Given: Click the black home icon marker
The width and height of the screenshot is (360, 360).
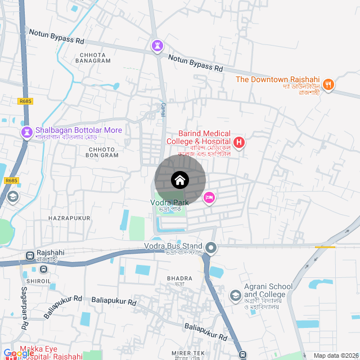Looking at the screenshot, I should tap(180, 181).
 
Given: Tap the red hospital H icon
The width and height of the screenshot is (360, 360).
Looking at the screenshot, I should tap(239, 142).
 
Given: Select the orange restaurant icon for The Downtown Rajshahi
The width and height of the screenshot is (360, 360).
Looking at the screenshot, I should tap(328, 85).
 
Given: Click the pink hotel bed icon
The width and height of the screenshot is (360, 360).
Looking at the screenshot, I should tap(209, 197).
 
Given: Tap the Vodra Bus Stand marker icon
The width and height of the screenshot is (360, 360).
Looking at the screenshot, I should tap(211, 247).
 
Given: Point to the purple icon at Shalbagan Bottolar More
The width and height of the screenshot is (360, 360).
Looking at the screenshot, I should tap(26, 132).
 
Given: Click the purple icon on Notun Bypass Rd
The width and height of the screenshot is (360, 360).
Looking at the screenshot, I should tap(157, 46).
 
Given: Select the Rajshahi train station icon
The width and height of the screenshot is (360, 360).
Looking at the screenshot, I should tap(30, 256).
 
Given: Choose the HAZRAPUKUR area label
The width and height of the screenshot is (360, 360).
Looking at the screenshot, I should tap(69, 218).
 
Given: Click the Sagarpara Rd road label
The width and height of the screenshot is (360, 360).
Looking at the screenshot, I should tap(25, 309).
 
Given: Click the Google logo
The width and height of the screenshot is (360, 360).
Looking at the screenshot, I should tap(18, 353).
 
